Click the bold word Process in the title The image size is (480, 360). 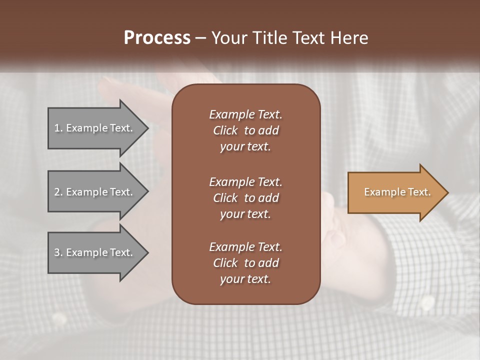157,38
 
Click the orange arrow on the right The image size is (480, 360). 395,192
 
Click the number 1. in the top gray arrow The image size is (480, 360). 58,128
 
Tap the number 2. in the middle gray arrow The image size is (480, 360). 58,192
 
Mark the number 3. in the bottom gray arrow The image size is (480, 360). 58,252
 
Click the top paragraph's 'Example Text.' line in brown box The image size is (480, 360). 245,114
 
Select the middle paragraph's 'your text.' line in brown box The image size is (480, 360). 245,214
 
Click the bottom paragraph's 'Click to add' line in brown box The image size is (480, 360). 245,263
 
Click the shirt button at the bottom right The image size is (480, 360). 427,301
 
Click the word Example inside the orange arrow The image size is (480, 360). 380,192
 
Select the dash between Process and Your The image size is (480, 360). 200,38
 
